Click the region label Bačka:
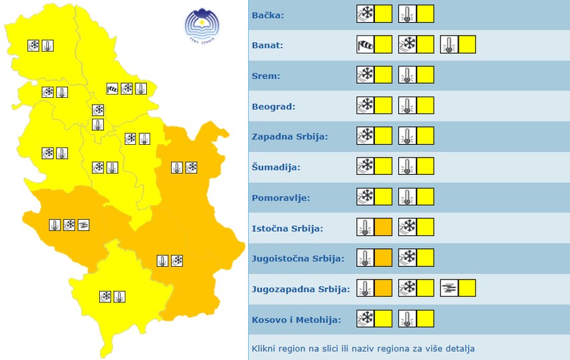[268, 15]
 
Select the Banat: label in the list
[268, 46]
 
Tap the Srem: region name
[266, 76]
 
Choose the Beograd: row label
[273, 106]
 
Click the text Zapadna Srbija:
[289, 136]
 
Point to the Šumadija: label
[276, 167]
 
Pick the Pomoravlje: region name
[280, 198]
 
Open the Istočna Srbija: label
[287, 228]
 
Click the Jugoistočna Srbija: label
[298, 258]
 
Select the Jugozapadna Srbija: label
[300, 289]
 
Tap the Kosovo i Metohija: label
[296, 320]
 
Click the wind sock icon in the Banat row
[365, 45]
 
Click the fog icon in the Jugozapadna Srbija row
[449, 289]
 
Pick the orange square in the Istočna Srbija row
[383, 227]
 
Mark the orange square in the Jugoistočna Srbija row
[383, 258]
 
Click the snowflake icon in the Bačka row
[365, 14]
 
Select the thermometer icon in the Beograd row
[407, 106]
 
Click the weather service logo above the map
[203, 26]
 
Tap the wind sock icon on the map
[112, 88]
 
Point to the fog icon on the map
[83, 225]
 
